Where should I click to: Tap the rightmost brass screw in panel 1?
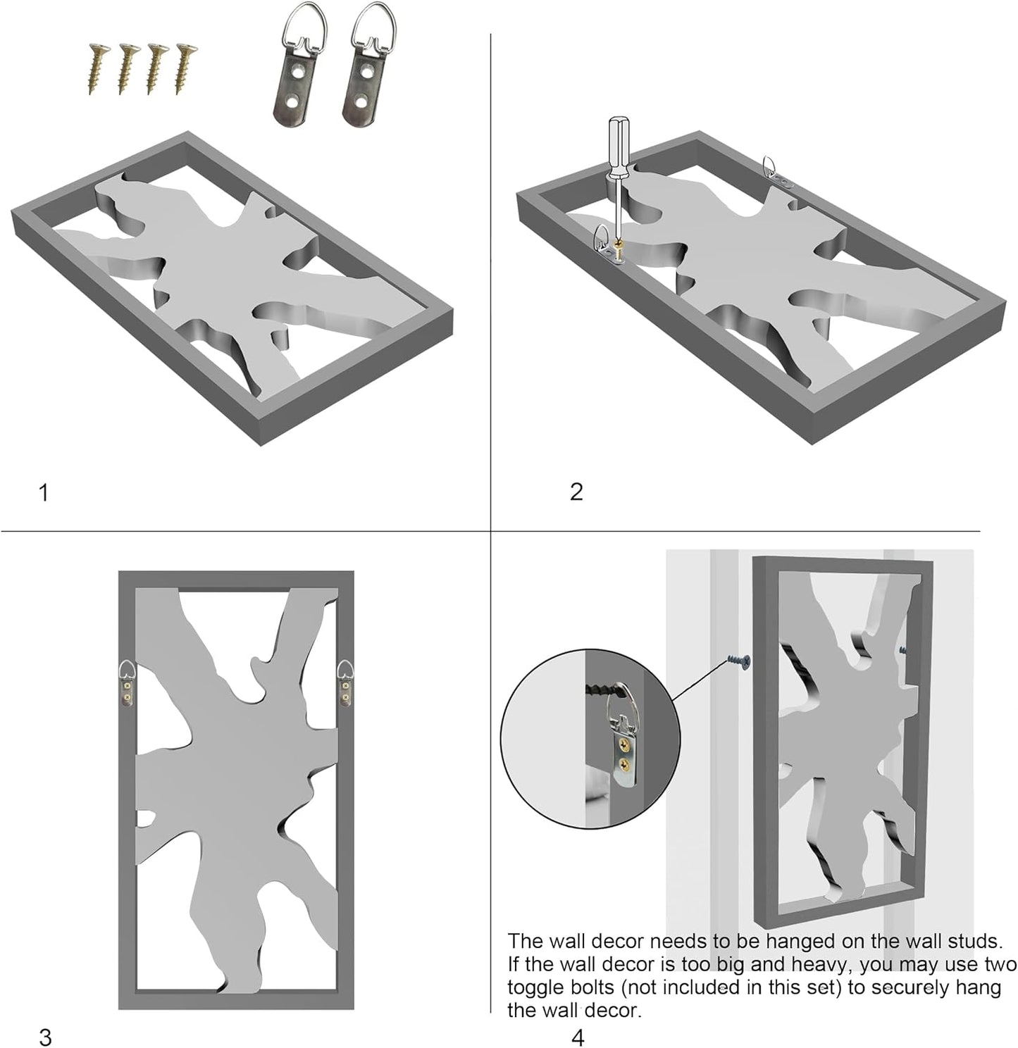tap(185, 68)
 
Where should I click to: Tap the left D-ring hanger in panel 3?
tap(128, 683)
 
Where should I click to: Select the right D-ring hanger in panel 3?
tap(345, 683)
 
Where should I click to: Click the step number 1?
tap(44, 492)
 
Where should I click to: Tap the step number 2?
tap(576, 492)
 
